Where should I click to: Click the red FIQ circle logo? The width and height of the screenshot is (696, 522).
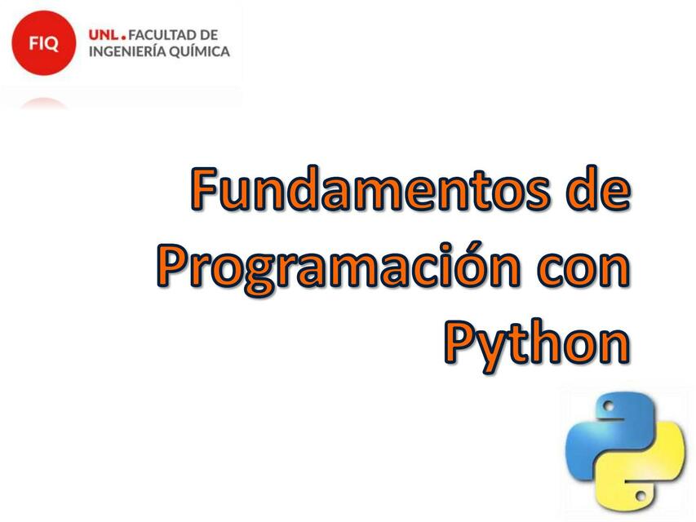click(x=43, y=43)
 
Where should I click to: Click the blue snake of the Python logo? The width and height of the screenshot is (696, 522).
click(x=604, y=428)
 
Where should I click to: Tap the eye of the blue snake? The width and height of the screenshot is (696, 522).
click(x=607, y=405)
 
